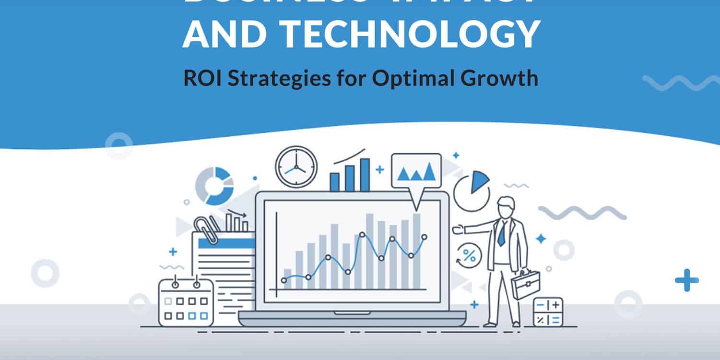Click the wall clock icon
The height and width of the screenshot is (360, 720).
tap(296, 167)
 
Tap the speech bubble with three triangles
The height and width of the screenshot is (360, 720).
tap(416, 172)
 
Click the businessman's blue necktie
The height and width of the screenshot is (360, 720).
tap(502, 233)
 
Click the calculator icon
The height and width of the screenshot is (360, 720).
tap(548, 312)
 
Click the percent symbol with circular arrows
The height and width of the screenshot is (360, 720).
tap(469, 256)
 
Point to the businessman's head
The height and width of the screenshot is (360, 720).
tap(506, 207)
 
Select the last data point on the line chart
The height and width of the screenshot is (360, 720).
tap(424, 237)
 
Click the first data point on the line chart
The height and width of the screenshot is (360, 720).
tap(284, 280)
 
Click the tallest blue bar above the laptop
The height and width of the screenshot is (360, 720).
tap(365, 175)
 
